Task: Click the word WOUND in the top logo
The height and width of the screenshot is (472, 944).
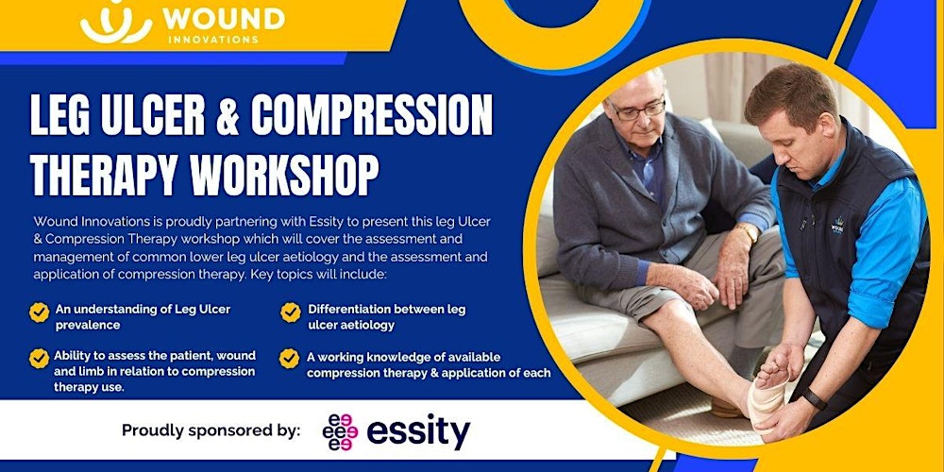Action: [x=223, y=18]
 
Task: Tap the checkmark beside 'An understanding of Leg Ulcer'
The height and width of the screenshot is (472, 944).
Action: [x=40, y=312]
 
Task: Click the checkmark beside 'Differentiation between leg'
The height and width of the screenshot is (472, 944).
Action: [x=291, y=312]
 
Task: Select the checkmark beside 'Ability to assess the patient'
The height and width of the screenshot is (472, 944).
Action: [x=40, y=358]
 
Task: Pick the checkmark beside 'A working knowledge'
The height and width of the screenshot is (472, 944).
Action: [x=291, y=359]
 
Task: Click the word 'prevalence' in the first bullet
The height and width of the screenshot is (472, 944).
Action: [x=88, y=325]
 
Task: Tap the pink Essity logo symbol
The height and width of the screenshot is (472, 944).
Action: [x=340, y=431]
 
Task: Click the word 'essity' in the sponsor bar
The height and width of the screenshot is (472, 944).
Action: [x=417, y=431]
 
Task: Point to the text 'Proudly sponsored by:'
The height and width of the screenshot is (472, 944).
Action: [x=211, y=431]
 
